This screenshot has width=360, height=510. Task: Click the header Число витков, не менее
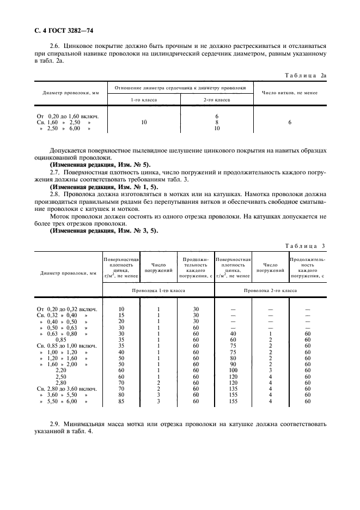click(289, 92)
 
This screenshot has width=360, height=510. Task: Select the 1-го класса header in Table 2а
click(144, 100)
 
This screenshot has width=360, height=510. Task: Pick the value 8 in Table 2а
click(217, 123)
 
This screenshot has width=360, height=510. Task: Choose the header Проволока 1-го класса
click(158, 291)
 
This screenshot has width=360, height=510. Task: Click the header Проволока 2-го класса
click(270, 291)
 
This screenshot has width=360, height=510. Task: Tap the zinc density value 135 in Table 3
click(233, 389)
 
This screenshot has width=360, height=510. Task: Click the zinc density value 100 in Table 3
click(233, 370)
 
